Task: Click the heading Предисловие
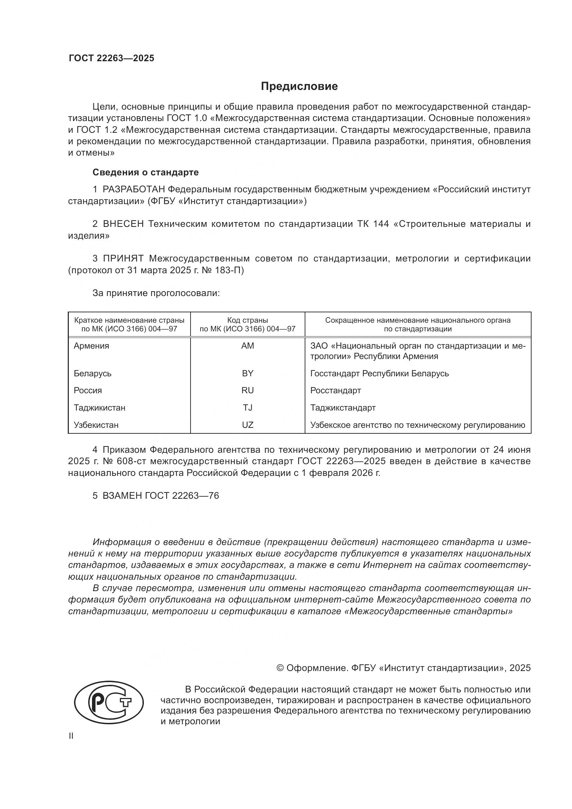click(299, 86)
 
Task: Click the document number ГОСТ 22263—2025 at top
click(111, 58)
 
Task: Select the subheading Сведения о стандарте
click(146, 172)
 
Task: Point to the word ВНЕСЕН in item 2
click(123, 224)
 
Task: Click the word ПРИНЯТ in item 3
click(123, 259)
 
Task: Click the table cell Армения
click(91, 346)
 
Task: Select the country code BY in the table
click(248, 374)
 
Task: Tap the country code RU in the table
click(248, 390)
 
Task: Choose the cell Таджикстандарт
click(343, 408)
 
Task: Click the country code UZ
click(248, 425)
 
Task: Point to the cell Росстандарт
click(335, 390)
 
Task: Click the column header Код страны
click(247, 320)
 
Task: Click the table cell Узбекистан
click(96, 425)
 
